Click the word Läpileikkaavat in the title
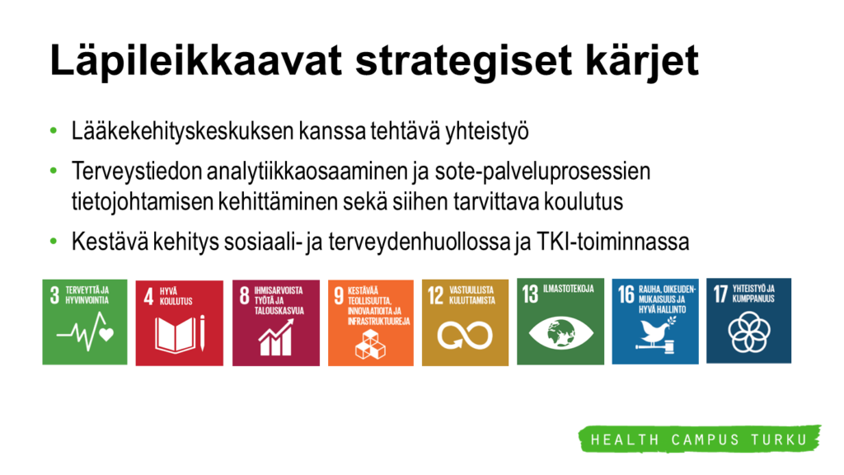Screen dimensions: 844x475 (x=196, y=59)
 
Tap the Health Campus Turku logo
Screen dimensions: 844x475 (x=700, y=439)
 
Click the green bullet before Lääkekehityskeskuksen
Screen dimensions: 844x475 (x=54, y=130)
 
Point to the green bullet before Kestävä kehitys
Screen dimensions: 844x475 (x=54, y=242)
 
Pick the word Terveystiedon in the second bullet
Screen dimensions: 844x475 (x=137, y=172)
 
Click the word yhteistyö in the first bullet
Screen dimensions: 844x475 (x=486, y=131)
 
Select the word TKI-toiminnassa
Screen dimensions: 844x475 (x=612, y=242)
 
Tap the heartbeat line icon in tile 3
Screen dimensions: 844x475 (x=85, y=332)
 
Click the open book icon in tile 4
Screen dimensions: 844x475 (x=180, y=335)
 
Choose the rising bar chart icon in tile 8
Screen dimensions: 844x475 (x=276, y=337)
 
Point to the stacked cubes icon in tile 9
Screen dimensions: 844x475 (x=370, y=344)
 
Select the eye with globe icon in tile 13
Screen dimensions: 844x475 (x=560, y=332)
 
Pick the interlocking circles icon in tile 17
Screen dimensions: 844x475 (x=748, y=332)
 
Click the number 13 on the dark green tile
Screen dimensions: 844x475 (x=530, y=294)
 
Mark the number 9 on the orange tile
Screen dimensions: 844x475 (x=339, y=296)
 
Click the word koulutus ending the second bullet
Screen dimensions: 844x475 (x=584, y=202)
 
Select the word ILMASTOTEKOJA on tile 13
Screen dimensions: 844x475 (x=569, y=289)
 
